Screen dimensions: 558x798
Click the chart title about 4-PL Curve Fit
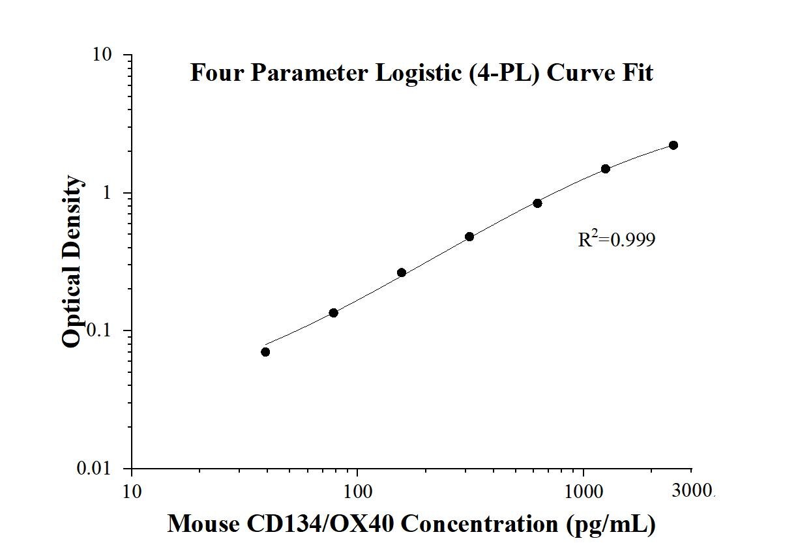pos(421,73)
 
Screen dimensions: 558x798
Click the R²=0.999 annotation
pos(616,240)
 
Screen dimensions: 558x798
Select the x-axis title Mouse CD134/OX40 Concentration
pos(411,523)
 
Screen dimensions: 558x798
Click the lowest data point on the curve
pos(265,352)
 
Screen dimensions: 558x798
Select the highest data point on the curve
pos(673,145)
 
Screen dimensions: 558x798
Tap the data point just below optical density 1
pos(537,203)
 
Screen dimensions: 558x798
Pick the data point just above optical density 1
pos(606,169)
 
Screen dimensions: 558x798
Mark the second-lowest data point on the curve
pos(334,313)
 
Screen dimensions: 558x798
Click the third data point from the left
pos(402,272)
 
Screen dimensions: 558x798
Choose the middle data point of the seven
pos(469,237)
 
